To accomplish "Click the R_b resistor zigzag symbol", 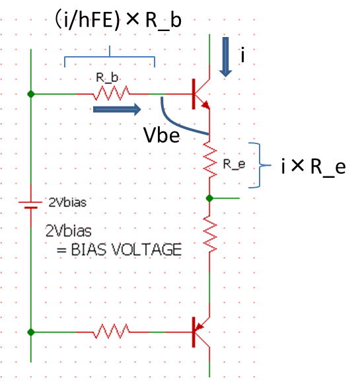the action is (111, 93).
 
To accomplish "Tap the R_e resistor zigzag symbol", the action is (209, 159).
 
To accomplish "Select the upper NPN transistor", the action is (201, 94).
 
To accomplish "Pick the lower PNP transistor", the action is (201, 332).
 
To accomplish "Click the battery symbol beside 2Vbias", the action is (31, 205).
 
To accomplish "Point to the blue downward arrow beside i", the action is (225, 57).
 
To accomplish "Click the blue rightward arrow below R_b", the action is (117, 109).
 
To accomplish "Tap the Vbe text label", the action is (161, 135).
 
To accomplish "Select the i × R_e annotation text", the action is (314, 167).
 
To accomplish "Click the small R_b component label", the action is (107, 78).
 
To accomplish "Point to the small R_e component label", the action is (234, 164).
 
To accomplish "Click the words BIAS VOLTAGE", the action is (126, 250).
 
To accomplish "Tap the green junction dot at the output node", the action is (209, 198).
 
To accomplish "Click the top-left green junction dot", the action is (31, 94).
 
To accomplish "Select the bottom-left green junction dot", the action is (31, 332).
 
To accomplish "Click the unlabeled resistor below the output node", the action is (209, 234).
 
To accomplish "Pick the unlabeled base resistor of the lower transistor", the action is (111, 332).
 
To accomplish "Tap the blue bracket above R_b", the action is (110, 57).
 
